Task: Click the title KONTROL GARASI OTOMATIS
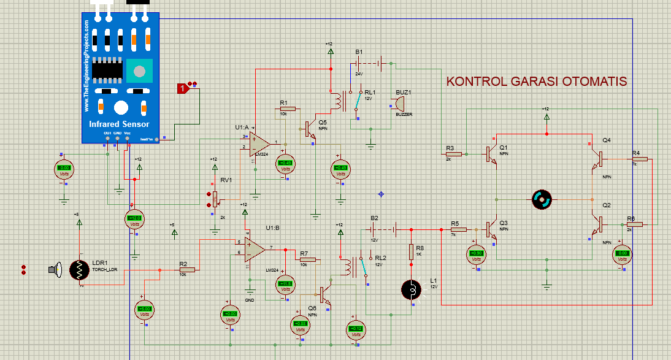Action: tap(537, 82)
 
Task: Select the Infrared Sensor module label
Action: tap(119, 124)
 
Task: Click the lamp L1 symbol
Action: tap(410, 289)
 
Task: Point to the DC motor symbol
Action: tap(542, 199)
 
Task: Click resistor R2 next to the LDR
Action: tap(186, 269)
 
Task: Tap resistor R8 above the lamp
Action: tap(412, 251)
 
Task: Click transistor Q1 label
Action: tap(504, 147)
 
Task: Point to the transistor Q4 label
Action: tap(606, 140)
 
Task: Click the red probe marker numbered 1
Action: tap(182, 89)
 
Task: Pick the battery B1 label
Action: tap(359, 52)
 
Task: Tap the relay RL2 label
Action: tap(380, 258)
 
